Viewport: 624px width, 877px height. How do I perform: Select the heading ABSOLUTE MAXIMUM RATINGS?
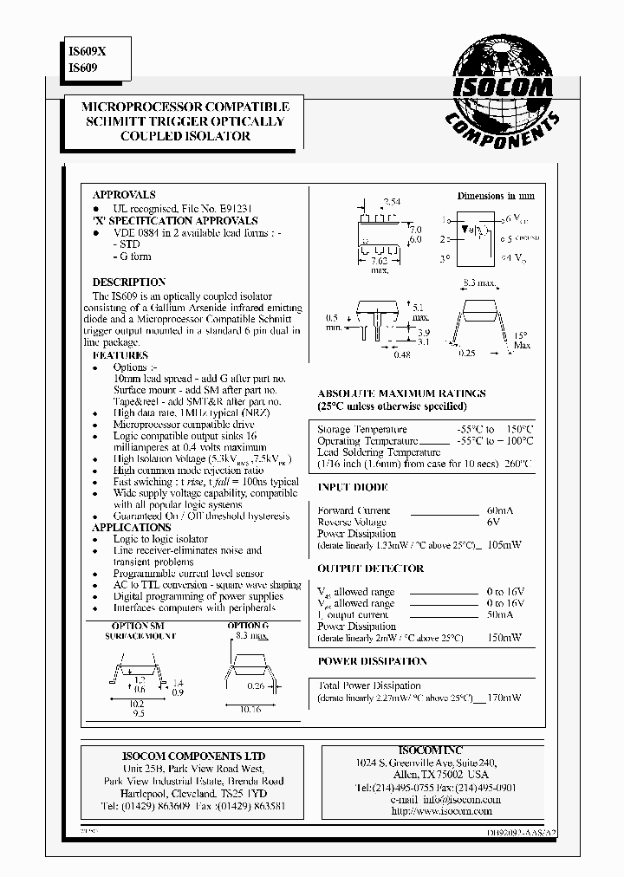(x=401, y=393)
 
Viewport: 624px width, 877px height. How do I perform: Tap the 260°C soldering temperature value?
(x=518, y=464)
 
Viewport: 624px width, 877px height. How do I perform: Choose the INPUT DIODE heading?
(x=352, y=488)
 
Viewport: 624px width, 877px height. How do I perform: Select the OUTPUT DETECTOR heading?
(x=370, y=568)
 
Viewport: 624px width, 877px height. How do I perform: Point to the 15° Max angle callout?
(x=521, y=340)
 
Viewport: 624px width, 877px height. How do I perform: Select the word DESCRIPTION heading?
(x=129, y=283)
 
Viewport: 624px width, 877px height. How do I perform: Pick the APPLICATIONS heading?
(x=132, y=527)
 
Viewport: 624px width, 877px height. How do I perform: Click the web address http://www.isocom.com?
(x=441, y=811)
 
